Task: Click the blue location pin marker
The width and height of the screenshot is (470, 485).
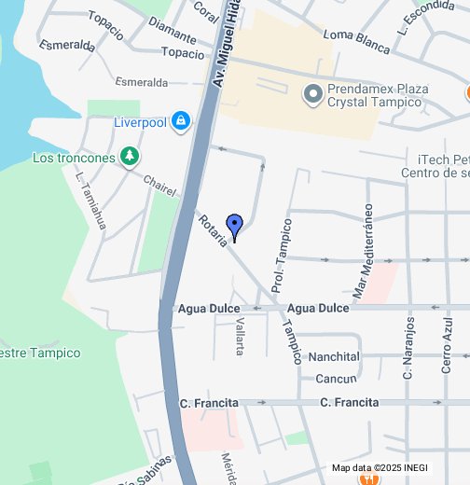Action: coord(235,225)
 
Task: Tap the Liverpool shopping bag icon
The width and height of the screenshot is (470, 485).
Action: coord(180,120)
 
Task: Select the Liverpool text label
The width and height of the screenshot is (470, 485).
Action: coord(139,121)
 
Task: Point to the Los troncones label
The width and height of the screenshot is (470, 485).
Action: coord(74,158)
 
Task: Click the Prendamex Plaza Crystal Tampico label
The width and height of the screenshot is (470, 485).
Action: coord(379,95)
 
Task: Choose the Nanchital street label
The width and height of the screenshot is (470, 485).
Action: coord(333,357)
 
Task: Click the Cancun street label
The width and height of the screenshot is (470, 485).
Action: coord(336,379)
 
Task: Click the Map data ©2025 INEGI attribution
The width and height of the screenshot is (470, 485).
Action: coord(380,468)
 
